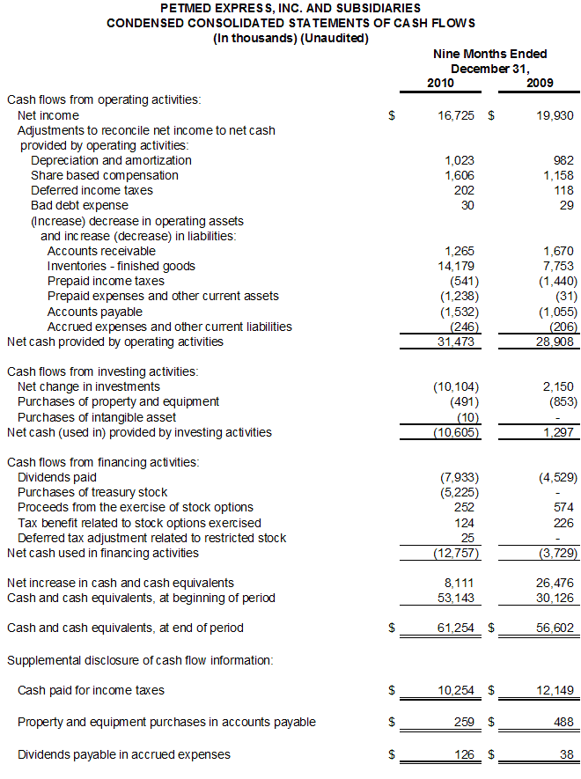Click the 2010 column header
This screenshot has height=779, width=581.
[440, 83]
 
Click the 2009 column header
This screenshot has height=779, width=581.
[541, 83]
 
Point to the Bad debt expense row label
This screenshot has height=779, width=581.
[79, 205]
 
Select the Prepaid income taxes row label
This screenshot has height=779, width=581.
[102, 281]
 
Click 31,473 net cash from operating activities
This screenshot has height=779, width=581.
[456, 342]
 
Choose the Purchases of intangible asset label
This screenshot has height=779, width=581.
[97, 416]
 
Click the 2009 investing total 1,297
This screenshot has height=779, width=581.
[558, 432]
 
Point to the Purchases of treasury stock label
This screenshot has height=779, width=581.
[92, 492]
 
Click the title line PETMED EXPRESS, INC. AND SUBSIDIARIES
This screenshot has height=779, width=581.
[290, 8]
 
